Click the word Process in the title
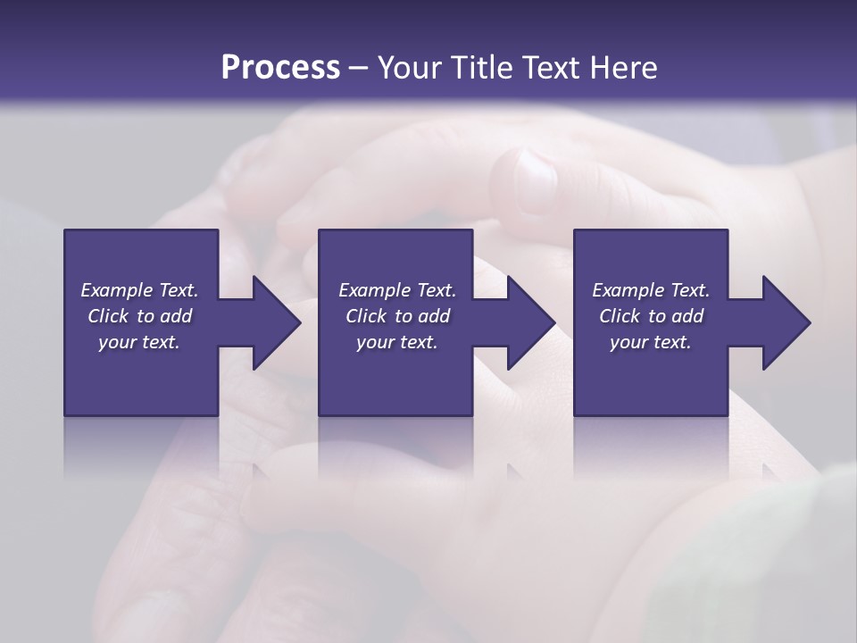(x=280, y=68)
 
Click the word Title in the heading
(x=481, y=68)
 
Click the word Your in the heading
(x=409, y=68)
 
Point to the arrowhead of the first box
(x=276, y=322)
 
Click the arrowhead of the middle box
(x=530, y=322)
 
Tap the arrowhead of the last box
(x=786, y=322)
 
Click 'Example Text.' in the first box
(x=140, y=290)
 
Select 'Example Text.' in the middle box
(x=397, y=290)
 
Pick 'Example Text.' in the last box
(x=651, y=290)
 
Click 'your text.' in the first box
(x=139, y=342)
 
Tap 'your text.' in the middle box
(x=397, y=342)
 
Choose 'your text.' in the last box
(x=651, y=342)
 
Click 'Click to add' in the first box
(x=140, y=316)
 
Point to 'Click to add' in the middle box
(x=397, y=316)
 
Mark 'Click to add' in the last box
(x=651, y=316)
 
